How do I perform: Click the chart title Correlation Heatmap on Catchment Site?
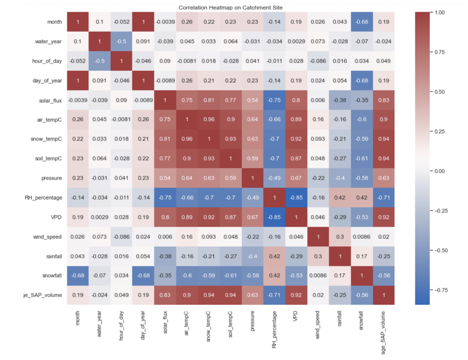tap(230, 7)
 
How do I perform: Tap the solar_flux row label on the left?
tap(50, 101)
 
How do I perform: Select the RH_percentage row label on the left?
tap(43, 198)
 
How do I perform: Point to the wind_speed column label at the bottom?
tap(318, 325)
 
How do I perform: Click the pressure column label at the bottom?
tap(252, 321)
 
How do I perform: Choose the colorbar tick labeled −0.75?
tap(439, 290)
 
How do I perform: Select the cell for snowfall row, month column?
tap(78, 276)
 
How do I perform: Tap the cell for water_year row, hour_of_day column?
tap(122, 41)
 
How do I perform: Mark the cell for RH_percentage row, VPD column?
tap(296, 197)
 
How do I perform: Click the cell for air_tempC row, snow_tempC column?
tap(209, 119)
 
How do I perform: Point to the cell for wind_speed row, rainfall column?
tap(340, 237)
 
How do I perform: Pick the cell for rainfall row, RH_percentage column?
tap(274, 256)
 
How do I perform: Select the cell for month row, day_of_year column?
tap(143, 22)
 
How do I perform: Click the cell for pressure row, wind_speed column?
tap(318, 178)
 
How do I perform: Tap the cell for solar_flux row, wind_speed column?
tap(318, 100)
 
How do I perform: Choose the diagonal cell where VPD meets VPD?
tap(296, 217)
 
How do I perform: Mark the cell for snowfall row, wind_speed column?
tap(318, 276)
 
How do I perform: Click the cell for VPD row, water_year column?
tap(99, 217)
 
